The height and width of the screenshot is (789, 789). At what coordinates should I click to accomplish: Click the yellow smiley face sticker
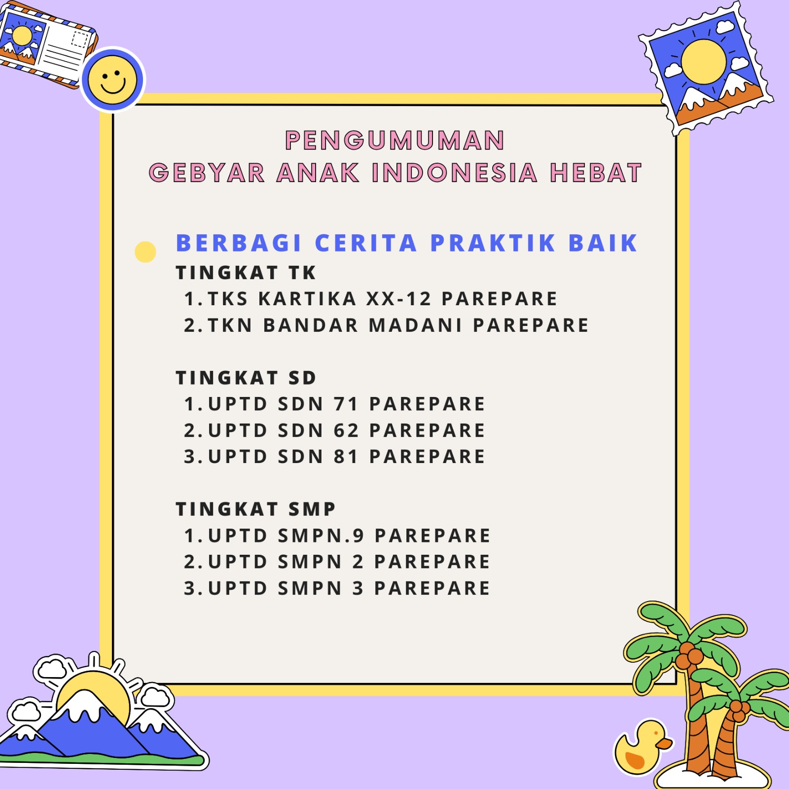[112, 80]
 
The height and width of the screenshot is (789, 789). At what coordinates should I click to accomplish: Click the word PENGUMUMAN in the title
[395, 140]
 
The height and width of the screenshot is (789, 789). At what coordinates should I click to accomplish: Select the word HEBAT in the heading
[596, 173]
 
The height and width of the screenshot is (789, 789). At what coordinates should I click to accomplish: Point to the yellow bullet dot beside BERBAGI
[145, 252]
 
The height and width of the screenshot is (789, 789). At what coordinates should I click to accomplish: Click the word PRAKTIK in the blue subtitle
[493, 243]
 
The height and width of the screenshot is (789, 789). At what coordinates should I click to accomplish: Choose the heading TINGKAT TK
[246, 273]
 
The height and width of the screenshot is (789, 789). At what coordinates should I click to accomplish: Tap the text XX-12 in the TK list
[399, 299]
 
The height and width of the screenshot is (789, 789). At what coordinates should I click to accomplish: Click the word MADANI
[416, 325]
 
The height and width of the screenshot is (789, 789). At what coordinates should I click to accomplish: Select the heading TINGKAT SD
[246, 378]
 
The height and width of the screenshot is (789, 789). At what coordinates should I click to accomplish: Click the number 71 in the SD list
[346, 404]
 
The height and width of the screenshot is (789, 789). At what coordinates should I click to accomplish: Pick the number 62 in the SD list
[346, 430]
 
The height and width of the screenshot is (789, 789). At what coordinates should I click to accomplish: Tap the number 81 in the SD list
[346, 457]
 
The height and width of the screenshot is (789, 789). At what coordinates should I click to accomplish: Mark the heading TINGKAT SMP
[255, 509]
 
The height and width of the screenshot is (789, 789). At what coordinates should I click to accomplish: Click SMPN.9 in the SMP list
[321, 536]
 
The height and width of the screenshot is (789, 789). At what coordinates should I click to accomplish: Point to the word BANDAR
[311, 325]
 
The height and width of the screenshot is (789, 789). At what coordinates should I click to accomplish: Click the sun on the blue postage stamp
[704, 62]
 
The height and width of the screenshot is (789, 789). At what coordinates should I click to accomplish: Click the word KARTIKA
[307, 299]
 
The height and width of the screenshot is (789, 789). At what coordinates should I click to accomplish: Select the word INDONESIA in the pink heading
[454, 173]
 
